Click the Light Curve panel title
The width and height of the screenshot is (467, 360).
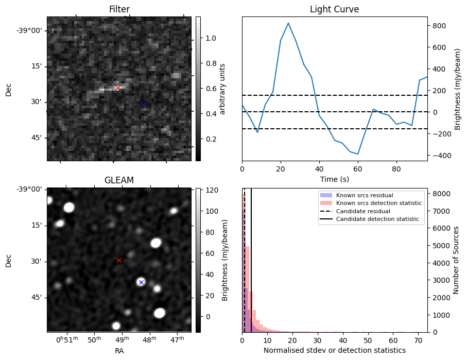[334, 9]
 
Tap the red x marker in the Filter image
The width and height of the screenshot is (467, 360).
[118, 88]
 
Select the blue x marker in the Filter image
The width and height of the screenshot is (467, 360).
[143, 105]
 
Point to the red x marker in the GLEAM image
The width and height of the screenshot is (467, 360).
[119, 261]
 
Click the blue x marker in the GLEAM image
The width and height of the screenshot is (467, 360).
[141, 282]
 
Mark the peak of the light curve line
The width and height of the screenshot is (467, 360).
[288, 23]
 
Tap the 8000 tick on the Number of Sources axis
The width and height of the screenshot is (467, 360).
[441, 194]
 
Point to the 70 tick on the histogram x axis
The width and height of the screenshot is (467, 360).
[418, 340]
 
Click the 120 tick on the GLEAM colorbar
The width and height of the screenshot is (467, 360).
[211, 190]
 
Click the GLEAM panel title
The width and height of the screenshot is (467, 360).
[119, 180]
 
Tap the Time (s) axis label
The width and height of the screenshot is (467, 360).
[334, 179]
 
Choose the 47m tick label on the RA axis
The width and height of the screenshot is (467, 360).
[177, 340]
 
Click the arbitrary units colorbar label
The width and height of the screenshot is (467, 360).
[223, 89]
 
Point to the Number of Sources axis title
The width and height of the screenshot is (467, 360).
[456, 260]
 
